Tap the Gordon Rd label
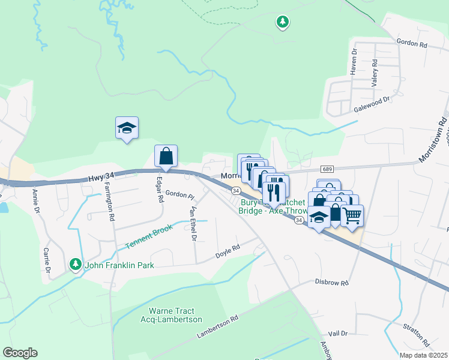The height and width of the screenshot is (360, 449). [x=411, y=43]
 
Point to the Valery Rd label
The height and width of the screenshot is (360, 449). [x=374, y=74]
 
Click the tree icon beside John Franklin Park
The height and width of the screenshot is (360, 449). [x=75, y=263]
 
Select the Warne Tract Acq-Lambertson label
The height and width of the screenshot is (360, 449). [x=175, y=315]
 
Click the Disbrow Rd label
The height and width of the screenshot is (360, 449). [x=331, y=281]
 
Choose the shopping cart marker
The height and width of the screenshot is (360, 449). [x=352, y=215]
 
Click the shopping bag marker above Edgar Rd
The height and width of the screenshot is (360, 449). [x=166, y=156]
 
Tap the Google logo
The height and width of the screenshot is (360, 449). [x=20, y=353]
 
